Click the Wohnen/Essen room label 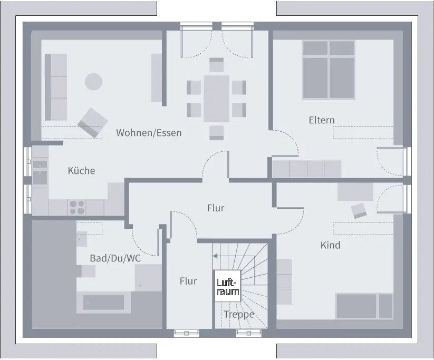pos(149,133)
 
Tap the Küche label pos(81,171)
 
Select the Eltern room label pos(321,120)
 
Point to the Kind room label pos(330,245)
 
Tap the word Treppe pos(238,315)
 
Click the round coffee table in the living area pos(93,81)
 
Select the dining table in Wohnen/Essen pos(216,99)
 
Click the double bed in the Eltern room pos(328,70)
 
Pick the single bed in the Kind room pos(364,306)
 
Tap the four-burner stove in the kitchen pos(78,207)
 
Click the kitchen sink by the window pos(40,172)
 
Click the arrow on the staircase pos(215,256)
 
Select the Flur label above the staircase pos(215,208)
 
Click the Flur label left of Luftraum pos(188,281)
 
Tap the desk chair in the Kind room pos(360,210)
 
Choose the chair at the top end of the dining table pos(217,65)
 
